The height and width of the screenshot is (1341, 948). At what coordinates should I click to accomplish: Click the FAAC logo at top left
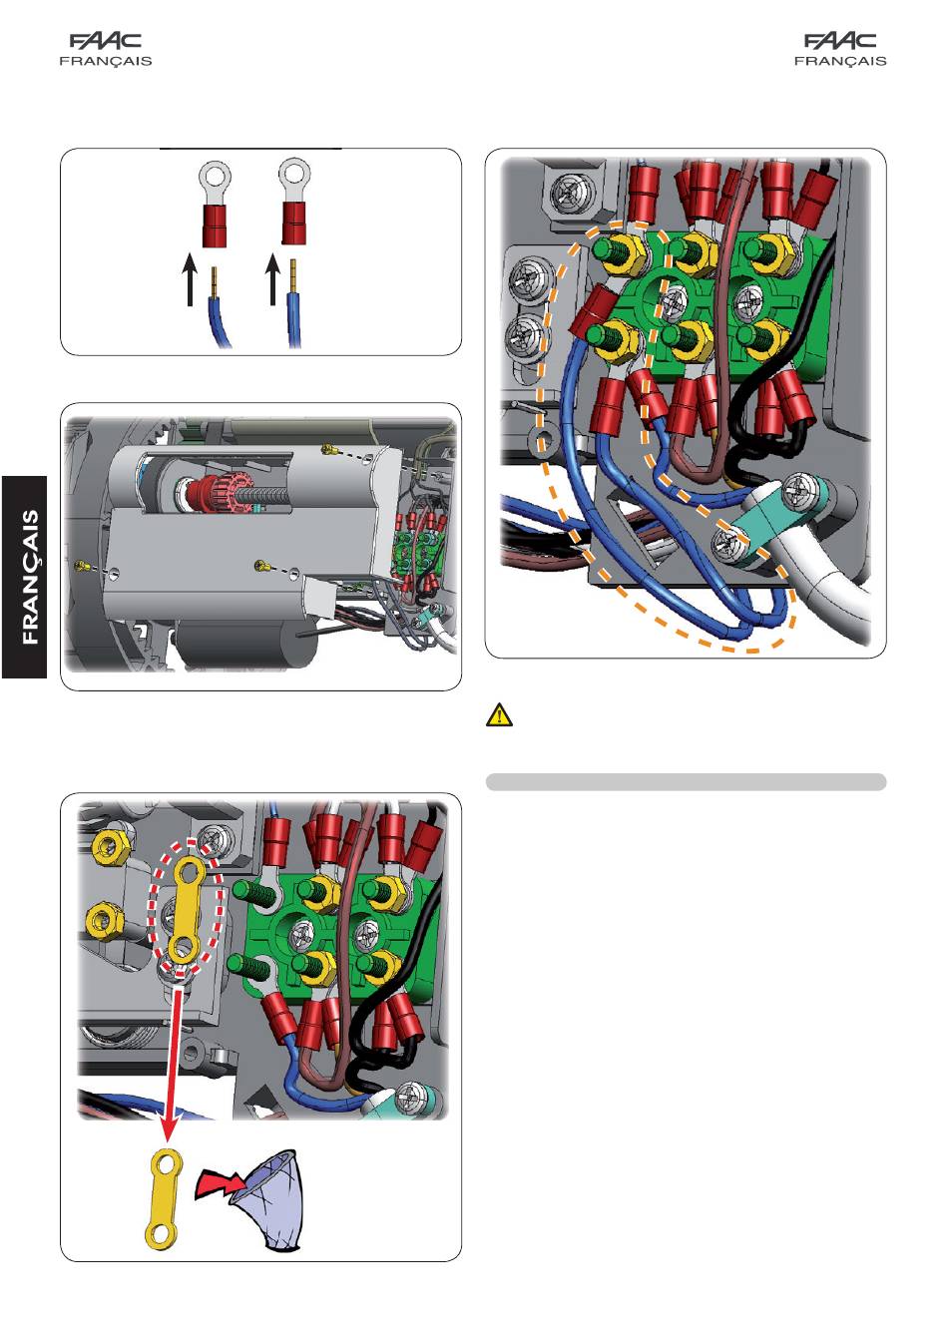tap(106, 40)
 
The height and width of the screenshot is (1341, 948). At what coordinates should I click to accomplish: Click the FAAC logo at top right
tap(839, 40)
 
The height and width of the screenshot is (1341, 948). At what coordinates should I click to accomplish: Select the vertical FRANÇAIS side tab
tap(25, 577)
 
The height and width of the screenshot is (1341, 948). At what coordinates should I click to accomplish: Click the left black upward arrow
tap(190, 278)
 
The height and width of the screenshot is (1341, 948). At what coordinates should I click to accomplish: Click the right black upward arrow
tap(273, 278)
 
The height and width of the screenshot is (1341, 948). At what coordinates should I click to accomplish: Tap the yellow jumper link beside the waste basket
tap(163, 1199)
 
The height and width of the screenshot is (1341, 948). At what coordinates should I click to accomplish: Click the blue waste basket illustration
tap(269, 1200)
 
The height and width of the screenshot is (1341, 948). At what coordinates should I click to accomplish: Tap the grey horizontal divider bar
tap(686, 782)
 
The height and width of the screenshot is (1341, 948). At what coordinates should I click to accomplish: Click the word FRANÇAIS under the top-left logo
tap(106, 61)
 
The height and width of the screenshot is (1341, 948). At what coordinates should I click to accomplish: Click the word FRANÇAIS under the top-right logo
tap(840, 61)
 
